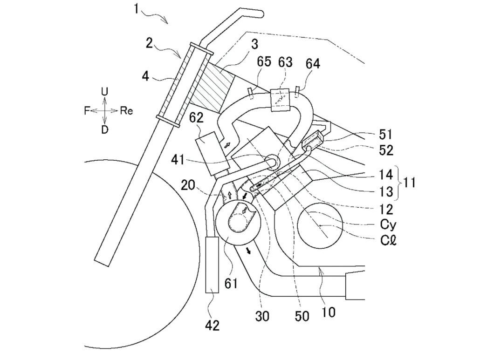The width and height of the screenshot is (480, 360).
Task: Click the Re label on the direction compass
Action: (x=126, y=110)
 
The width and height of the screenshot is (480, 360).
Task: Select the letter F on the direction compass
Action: (x=87, y=111)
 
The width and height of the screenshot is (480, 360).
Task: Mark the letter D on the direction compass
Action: (x=105, y=130)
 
